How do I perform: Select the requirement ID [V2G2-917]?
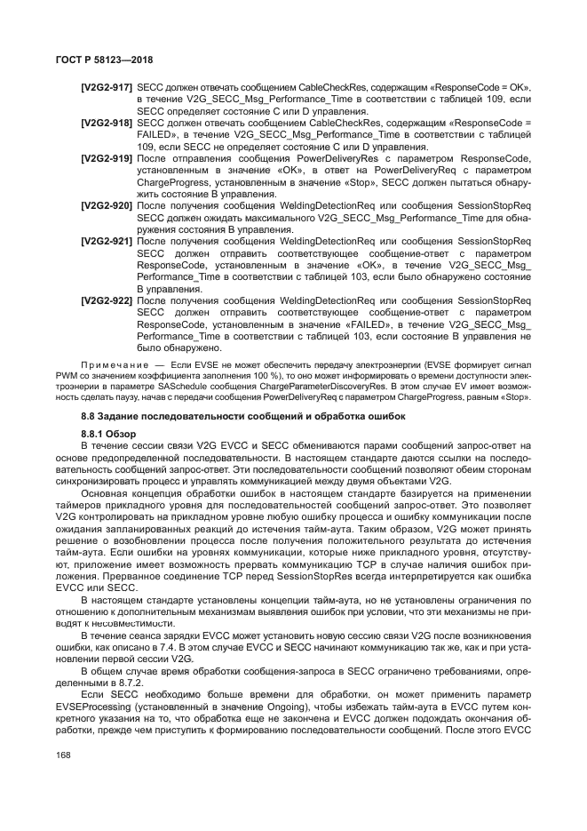[x=107, y=88]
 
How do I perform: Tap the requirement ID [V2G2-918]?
[x=107, y=123]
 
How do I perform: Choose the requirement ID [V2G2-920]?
[x=107, y=205]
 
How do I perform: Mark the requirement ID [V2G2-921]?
[x=107, y=241]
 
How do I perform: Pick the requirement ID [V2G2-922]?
[x=107, y=301]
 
